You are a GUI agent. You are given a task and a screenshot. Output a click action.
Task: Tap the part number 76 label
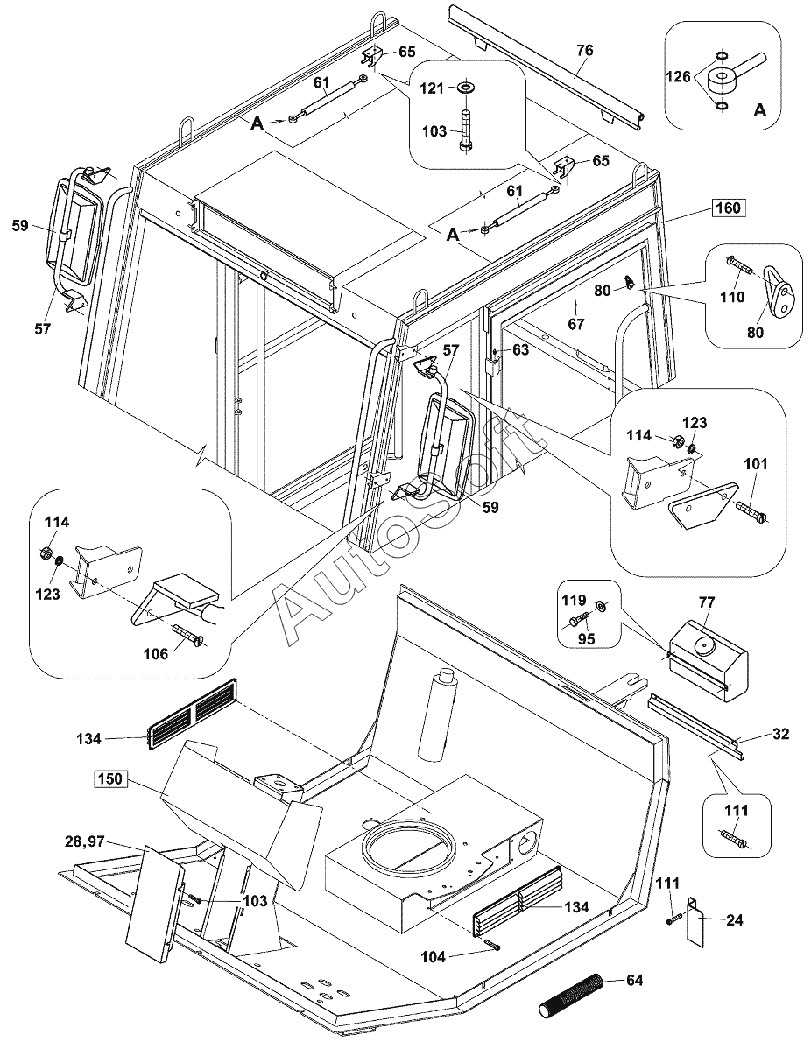(x=584, y=51)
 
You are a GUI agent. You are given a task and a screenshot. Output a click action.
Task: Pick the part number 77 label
(x=707, y=602)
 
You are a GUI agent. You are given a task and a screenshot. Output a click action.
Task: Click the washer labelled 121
(x=464, y=88)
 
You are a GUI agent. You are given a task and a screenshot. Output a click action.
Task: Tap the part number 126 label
(x=680, y=77)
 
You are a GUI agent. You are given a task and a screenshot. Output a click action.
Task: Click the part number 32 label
(x=781, y=734)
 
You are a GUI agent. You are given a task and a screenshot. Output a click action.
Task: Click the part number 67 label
(x=575, y=325)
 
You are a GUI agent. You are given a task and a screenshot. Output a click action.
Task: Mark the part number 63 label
(x=520, y=350)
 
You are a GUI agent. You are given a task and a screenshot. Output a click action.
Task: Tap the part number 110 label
(x=732, y=297)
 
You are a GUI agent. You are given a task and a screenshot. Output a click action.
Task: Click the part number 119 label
(x=574, y=601)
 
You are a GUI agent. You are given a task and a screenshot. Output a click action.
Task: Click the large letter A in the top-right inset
(x=759, y=110)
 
